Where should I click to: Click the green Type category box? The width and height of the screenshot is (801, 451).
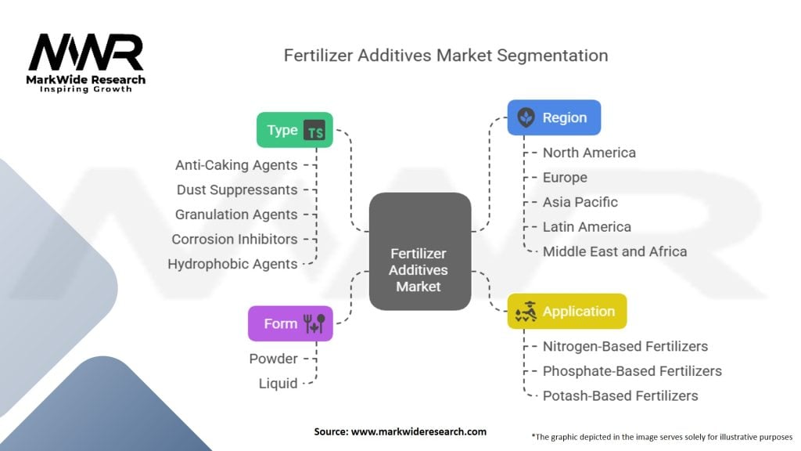(295, 130)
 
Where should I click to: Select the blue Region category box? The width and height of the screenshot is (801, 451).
(554, 117)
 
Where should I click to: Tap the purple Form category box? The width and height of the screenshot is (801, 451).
(290, 323)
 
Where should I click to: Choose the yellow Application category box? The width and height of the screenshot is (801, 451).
(566, 311)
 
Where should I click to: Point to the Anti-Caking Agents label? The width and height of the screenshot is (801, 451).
(236, 165)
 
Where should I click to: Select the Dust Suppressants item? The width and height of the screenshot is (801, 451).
(237, 189)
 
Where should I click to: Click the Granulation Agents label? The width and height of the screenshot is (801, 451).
(236, 215)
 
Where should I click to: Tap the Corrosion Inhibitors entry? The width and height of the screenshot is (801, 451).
(235, 239)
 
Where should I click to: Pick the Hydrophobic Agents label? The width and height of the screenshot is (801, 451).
(232, 264)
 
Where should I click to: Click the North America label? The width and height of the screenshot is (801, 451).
(589, 153)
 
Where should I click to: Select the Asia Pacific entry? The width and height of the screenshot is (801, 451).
(580, 202)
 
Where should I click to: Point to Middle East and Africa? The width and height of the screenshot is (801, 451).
(615, 251)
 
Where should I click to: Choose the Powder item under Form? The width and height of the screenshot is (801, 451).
(273, 359)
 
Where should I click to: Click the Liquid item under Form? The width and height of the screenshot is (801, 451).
(278, 383)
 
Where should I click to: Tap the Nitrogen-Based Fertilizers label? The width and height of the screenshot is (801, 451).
(625, 346)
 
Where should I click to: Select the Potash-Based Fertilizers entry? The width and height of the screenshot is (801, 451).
(620, 395)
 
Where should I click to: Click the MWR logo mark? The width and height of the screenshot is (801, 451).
(86, 54)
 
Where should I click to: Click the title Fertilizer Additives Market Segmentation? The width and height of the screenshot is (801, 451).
(446, 56)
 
